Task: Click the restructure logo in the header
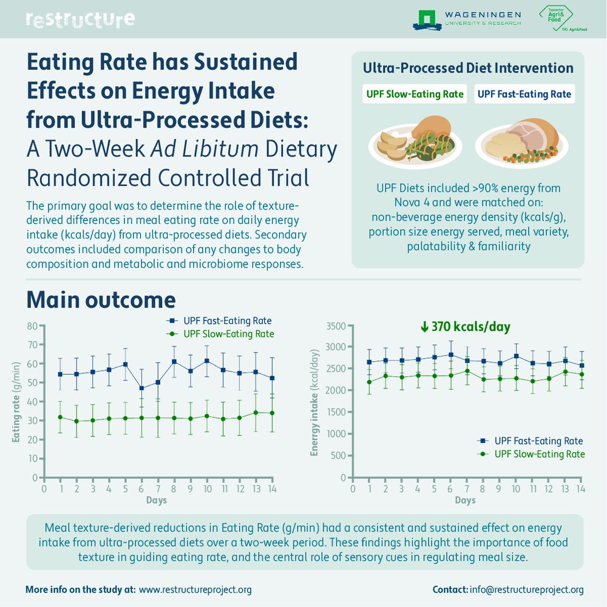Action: [x=80, y=19]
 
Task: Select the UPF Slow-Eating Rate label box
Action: [x=415, y=94]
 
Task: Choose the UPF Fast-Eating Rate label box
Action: [x=524, y=94]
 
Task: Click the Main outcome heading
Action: [x=101, y=300]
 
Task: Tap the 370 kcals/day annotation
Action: [x=465, y=327]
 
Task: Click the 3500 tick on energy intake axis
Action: [x=336, y=326]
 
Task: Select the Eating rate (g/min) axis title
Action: [x=17, y=401]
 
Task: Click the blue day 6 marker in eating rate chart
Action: [x=141, y=388]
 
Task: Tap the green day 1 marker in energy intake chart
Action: [x=369, y=382]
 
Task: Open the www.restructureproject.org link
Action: [x=195, y=589]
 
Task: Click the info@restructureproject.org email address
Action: [x=527, y=589]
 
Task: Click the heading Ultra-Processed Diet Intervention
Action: [x=467, y=68]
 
